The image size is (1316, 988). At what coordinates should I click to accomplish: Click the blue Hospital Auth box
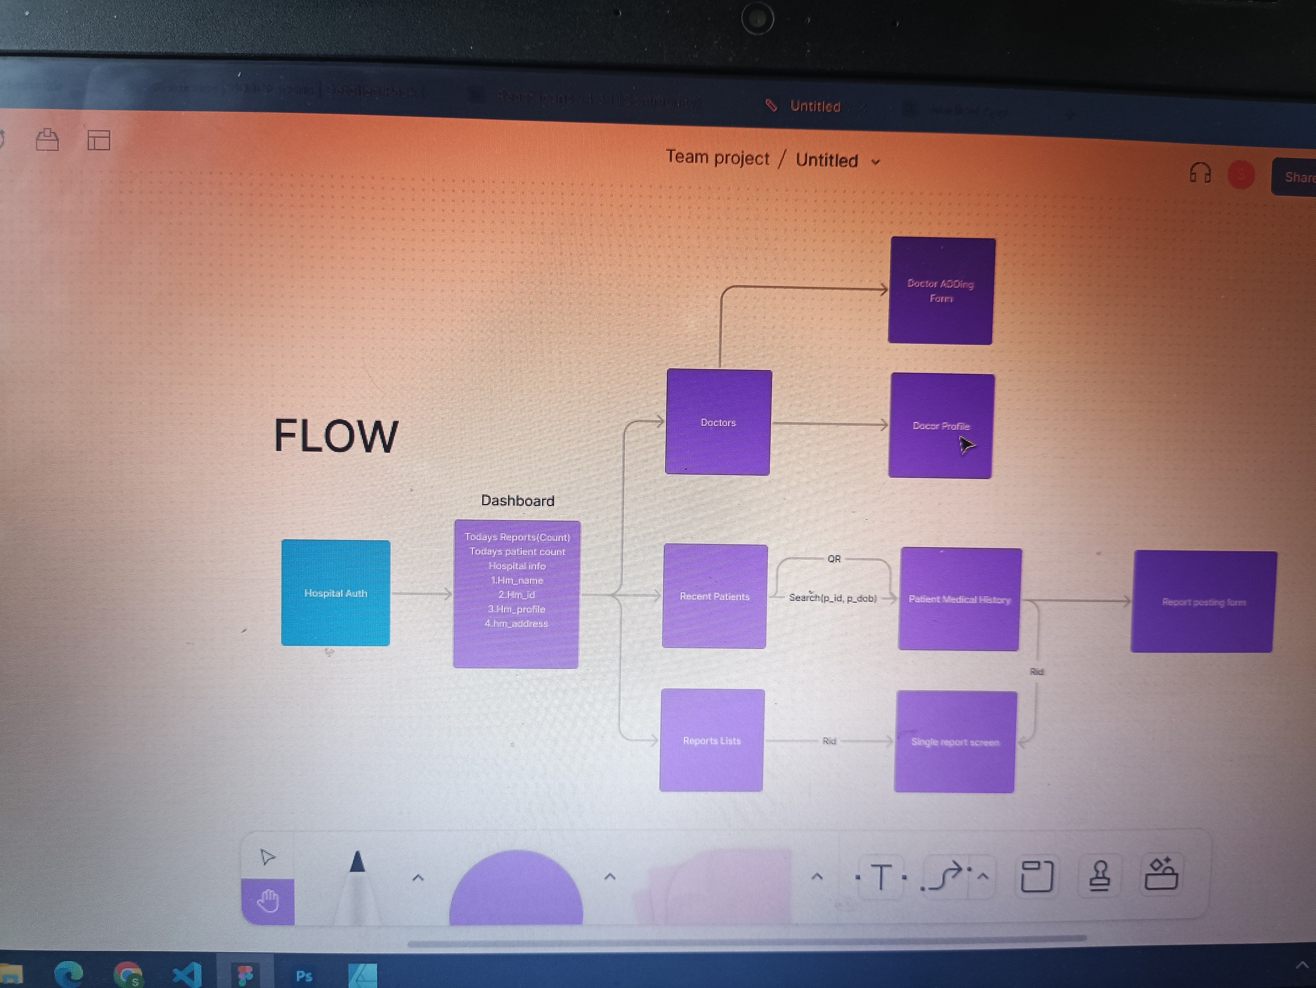click(336, 592)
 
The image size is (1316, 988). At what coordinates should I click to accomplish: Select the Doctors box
click(718, 422)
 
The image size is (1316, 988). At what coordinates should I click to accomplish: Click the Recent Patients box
click(715, 596)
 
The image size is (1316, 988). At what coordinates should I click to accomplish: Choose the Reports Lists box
click(712, 740)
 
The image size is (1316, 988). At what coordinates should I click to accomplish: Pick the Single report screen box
click(955, 742)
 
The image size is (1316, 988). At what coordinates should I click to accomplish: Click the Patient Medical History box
click(959, 599)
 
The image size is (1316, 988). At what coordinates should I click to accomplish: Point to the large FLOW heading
click(336, 435)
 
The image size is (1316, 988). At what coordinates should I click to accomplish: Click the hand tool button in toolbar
click(268, 901)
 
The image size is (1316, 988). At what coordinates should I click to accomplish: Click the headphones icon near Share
click(1200, 174)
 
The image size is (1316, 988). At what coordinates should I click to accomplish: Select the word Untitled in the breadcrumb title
click(826, 160)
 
